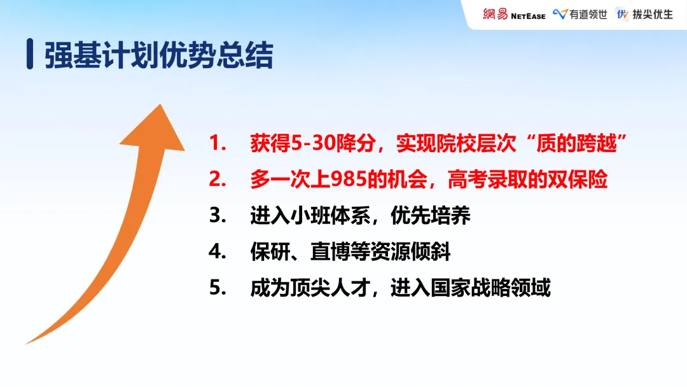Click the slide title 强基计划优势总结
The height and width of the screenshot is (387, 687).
click(159, 55)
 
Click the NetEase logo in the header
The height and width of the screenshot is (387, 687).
click(513, 14)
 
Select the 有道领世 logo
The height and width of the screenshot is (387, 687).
click(579, 14)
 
